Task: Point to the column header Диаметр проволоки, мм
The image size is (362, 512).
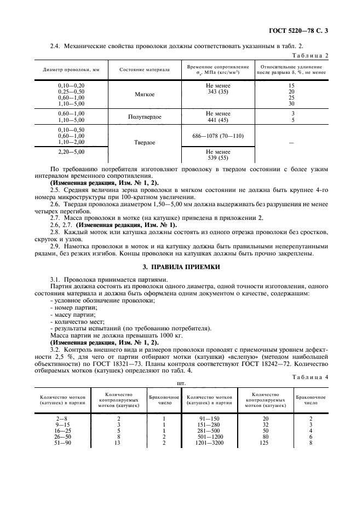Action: point(71,69)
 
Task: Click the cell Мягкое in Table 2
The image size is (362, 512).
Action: point(145,95)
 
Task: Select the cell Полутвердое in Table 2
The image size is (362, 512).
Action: point(145,117)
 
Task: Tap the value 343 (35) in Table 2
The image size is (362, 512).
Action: point(217,91)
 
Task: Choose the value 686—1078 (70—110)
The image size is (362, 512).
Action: point(217,136)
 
